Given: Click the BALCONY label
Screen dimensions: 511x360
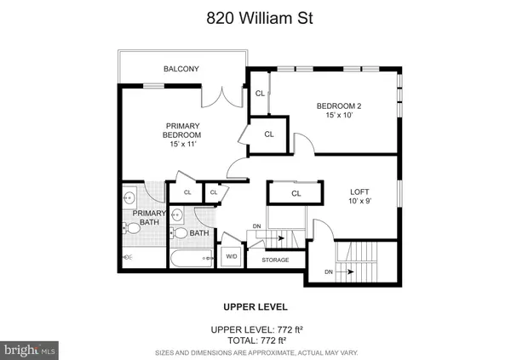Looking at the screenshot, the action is pyautogui.click(x=181, y=69).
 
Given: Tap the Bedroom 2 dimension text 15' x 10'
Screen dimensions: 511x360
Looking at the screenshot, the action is pyautogui.click(x=339, y=115).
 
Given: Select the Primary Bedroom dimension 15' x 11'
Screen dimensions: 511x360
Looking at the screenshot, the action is pyautogui.click(x=183, y=144).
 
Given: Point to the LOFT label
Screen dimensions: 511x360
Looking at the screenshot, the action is pyautogui.click(x=359, y=191).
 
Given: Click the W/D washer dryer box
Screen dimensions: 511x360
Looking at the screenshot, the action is pyautogui.click(x=232, y=257).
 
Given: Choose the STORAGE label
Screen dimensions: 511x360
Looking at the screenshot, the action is pyautogui.click(x=275, y=260).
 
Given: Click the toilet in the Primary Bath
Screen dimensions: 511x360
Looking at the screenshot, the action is pyautogui.click(x=131, y=228).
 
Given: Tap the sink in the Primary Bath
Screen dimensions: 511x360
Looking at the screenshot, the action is pyautogui.click(x=129, y=197).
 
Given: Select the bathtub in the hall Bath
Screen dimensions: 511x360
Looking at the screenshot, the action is pyautogui.click(x=192, y=259).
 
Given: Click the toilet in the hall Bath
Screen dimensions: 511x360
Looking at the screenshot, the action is pyautogui.click(x=179, y=233).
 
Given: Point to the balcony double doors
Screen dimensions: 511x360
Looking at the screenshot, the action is pyautogui.click(x=222, y=97).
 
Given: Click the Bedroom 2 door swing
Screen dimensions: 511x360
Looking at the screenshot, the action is pyautogui.click(x=304, y=143).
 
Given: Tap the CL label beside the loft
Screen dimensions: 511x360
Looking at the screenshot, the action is pyautogui.click(x=296, y=193).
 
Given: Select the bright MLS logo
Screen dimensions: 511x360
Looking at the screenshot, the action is pyautogui.click(x=29, y=351).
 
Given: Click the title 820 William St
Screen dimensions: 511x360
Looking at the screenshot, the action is pyautogui.click(x=260, y=18).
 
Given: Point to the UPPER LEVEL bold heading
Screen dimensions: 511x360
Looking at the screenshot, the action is pyautogui.click(x=255, y=307).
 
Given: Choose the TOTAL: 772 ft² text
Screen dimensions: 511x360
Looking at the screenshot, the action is pyautogui.click(x=257, y=340).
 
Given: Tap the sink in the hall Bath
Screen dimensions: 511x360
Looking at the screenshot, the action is pyautogui.click(x=177, y=215).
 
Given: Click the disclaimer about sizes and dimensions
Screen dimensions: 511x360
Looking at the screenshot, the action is pyautogui.click(x=256, y=353).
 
